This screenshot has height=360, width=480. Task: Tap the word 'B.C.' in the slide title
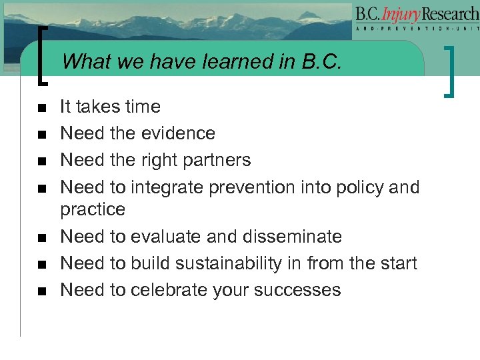tap(321, 62)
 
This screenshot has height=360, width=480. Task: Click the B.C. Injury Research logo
tap(417, 20)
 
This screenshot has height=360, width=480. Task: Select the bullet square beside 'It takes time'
tap(41, 107)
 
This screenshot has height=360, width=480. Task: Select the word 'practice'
tap(93, 210)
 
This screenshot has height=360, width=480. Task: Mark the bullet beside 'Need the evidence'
tap(41, 134)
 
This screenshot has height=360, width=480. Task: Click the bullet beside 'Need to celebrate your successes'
tap(41, 291)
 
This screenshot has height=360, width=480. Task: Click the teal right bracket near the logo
tap(453, 70)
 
